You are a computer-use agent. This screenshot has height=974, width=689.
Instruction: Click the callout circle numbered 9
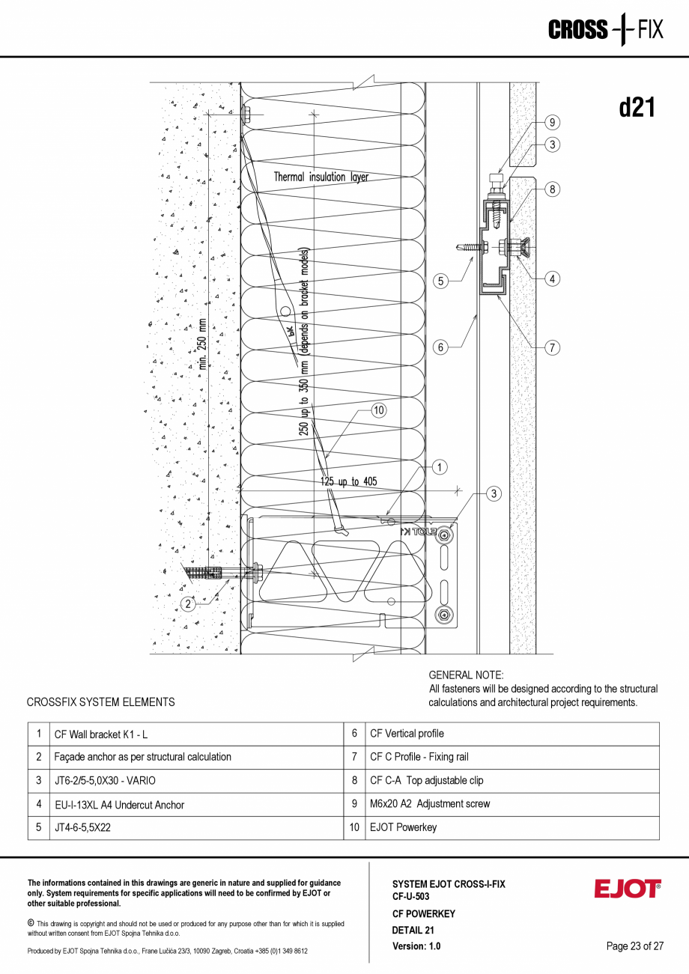click(x=552, y=122)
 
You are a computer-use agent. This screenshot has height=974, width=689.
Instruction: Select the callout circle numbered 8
click(x=552, y=189)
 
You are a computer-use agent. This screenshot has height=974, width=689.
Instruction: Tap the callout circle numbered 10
click(x=379, y=410)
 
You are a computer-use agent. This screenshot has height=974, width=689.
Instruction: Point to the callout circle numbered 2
click(x=189, y=603)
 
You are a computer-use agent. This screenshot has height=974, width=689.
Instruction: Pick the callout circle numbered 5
click(x=441, y=281)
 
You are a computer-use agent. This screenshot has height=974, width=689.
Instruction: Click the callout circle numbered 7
click(x=552, y=347)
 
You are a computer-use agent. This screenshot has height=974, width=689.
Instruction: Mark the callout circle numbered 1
click(x=440, y=467)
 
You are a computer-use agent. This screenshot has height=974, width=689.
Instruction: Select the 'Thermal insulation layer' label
click(x=321, y=177)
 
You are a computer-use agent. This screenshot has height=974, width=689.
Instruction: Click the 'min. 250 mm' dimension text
click(x=203, y=345)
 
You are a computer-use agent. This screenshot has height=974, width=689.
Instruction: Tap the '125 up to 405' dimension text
click(x=349, y=481)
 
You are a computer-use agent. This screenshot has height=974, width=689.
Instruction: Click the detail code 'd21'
click(x=637, y=108)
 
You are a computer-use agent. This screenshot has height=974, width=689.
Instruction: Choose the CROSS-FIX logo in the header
click(x=605, y=29)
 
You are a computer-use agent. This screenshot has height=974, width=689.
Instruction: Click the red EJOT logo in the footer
click(x=628, y=889)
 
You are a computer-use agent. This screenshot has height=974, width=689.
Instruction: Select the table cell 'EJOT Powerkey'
click(x=403, y=827)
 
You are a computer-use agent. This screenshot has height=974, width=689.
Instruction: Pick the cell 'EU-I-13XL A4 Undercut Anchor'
click(x=119, y=805)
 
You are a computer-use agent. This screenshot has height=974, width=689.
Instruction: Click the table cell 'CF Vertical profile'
click(x=407, y=734)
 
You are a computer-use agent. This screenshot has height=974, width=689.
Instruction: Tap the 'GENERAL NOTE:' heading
click(x=466, y=675)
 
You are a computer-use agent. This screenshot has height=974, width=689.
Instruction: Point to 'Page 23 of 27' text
click(x=634, y=946)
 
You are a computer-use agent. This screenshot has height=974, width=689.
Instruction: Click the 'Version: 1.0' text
click(x=416, y=946)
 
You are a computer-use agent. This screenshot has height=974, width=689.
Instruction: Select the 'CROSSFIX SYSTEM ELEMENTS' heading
click(x=100, y=702)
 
